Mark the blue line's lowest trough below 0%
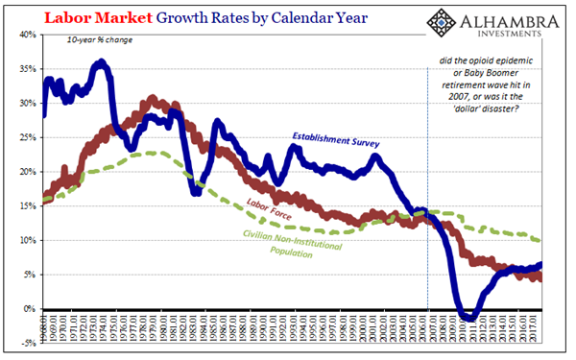click(467, 317)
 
